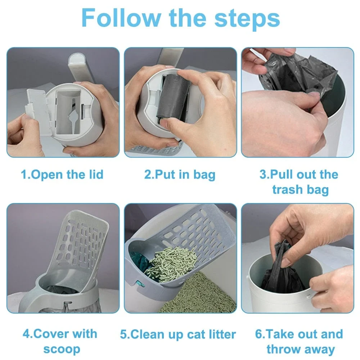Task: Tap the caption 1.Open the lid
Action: (62, 175)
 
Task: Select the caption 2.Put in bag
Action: (180, 175)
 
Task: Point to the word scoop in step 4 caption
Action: (62, 349)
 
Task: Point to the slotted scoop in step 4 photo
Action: (81, 245)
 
